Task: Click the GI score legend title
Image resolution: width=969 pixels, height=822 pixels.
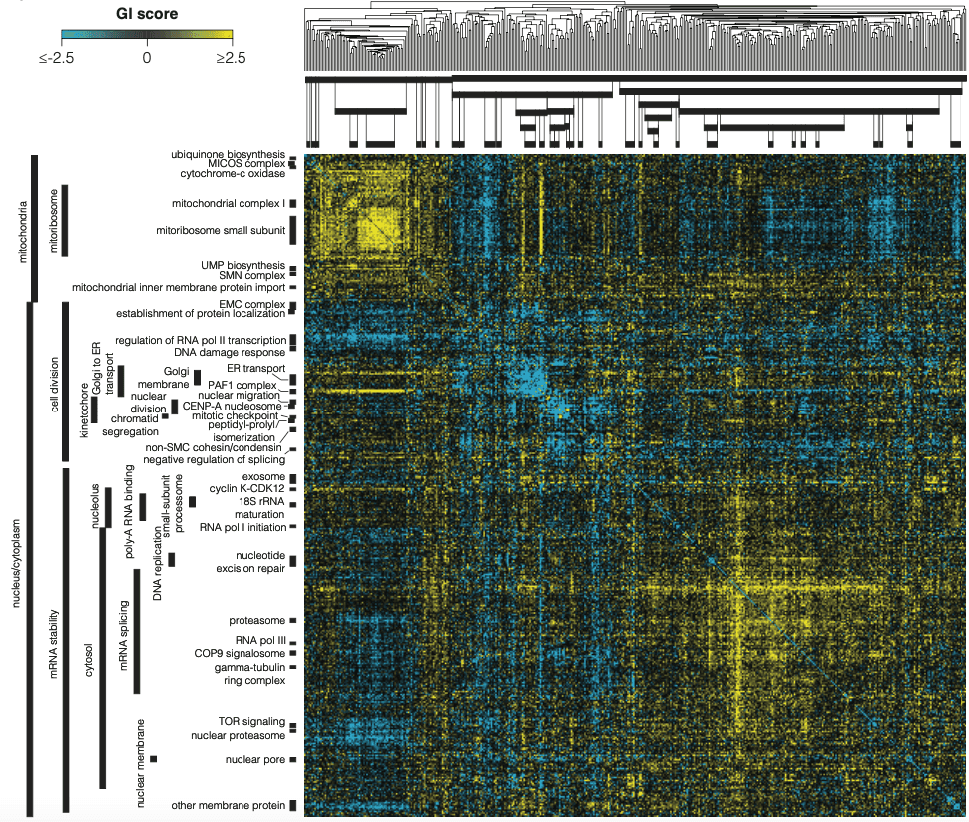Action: tap(147, 15)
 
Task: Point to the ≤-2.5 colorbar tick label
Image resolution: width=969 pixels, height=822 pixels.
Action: tap(58, 59)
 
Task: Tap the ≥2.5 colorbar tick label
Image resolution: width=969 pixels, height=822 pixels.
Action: tap(231, 59)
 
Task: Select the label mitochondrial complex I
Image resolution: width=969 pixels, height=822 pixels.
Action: tap(221, 203)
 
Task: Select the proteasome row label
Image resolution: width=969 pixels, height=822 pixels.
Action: tap(256, 620)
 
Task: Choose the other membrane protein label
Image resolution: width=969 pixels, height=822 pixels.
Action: tap(229, 805)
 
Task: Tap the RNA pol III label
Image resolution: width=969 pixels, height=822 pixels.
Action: tap(259, 639)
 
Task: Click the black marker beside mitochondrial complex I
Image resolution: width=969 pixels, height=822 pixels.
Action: tap(293, 204)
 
